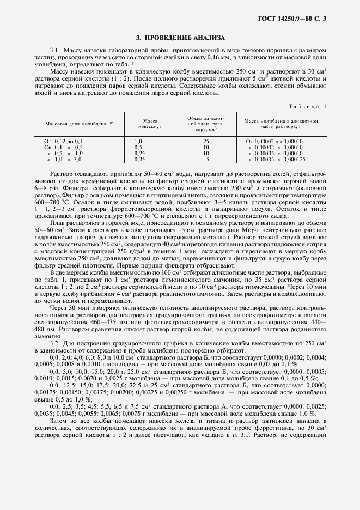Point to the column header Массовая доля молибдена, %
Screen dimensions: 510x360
click(80, 124)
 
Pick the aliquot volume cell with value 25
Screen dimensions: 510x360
click(206, 141)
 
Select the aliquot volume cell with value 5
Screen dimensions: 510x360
click(206, 160)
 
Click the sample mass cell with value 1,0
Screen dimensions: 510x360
click(138, 141)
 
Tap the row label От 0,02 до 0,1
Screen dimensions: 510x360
click(63, 141)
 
